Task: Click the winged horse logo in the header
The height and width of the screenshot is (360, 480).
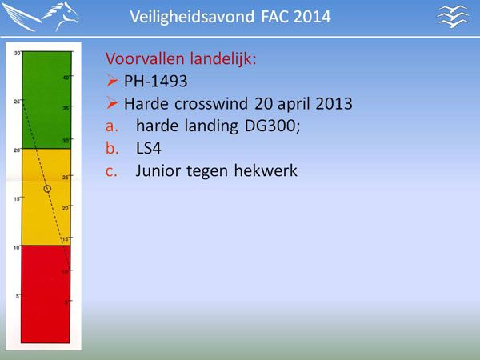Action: (x=41, y=17)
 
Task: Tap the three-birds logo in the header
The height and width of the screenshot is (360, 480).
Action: (x=453, y=17)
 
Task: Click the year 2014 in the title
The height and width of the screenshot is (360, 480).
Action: (x=312, y=17)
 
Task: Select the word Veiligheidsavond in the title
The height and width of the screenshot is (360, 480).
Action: (x=192, y=17)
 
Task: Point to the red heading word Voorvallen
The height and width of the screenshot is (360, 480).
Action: (x=146, y=58)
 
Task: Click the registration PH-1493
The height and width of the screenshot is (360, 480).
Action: (x=155, y=81)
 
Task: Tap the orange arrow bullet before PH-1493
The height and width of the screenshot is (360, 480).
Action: (x=112, y=81)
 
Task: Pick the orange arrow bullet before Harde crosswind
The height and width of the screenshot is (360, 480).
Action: (x=112, y=103)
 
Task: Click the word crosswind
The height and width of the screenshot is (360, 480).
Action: (x=211, y=103)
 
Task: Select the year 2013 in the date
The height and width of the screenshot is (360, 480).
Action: (x=334, y=103)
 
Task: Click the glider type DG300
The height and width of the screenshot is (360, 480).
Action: (x=272, y=126)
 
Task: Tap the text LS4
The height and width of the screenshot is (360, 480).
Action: (x=149, y=148)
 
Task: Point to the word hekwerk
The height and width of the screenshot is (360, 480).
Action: (x=266, y=170)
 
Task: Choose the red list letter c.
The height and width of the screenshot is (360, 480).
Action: (x=111, y=171)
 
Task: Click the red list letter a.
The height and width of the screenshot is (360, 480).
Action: (x=112, y=126)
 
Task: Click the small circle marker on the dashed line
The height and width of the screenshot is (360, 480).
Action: (x=47, y=189)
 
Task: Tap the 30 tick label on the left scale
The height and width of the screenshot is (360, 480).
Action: (x=17, y=54)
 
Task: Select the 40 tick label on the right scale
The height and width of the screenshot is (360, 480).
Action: (x=66, y=78)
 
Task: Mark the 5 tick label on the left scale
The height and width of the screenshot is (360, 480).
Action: (x=18, y=296)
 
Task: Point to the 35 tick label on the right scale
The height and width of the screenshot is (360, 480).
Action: (x=66, y=108)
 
